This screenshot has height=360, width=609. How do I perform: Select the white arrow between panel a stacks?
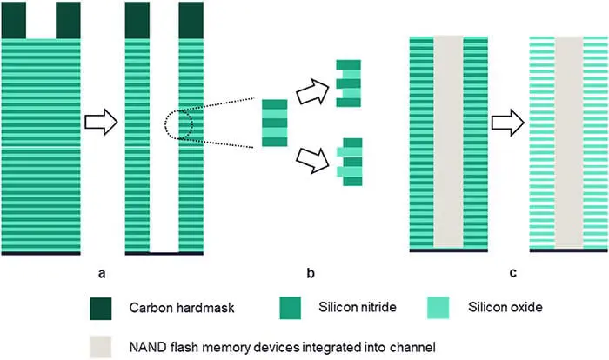pyautogui.click(x=103, y=124)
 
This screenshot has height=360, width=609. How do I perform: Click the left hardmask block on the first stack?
pyautogui.click(x=15, y=20)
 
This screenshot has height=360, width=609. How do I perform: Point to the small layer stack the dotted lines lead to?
pyautogui.click(x=274, y=123)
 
